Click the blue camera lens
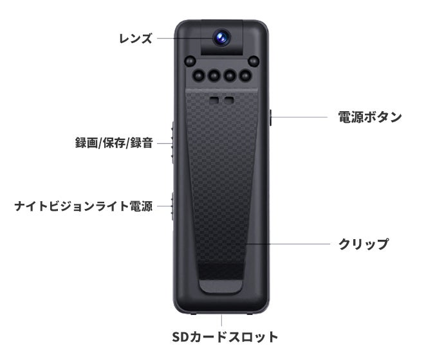coord(221,37)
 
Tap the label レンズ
coord(135,38)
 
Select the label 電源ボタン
coord(370,117)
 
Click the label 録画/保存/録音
coord(114,143)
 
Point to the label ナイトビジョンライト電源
coord(84,206)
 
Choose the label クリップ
coord(364,244)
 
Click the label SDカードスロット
coord(225,337)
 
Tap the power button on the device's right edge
coord(270,118)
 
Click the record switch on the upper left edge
coord(172,143)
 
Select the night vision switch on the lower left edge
coord(172,206)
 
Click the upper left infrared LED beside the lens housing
coord(190,61)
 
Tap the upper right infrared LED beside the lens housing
coord(254,61)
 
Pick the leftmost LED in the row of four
coord(198,75)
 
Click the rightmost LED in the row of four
coord(245,75)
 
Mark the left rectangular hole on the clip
coord(214,100)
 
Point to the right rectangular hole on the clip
coord(229,100)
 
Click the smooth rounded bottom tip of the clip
coord(221,286)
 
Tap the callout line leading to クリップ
coord(288,244)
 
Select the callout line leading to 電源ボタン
coord(300,117)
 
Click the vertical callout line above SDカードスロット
coord(221,320)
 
